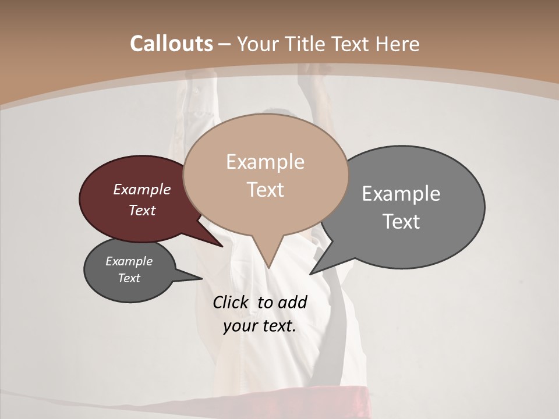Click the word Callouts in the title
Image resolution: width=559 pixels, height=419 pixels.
click(171, 44)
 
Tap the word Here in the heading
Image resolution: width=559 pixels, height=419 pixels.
click(398, 44)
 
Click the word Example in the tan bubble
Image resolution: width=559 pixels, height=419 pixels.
click(265, 162)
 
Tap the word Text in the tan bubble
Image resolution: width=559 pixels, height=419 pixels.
click(266, 190)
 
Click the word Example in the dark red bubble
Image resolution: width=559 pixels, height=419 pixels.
click(142, 189)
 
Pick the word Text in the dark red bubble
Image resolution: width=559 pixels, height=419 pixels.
click(142, 210)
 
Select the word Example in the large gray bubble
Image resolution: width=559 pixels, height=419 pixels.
click(401, 194)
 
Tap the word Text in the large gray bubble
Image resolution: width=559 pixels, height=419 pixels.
click(401, 222)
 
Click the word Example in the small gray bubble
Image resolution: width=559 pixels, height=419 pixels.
click(129, 261)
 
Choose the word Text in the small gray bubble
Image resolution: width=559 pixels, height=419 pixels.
click(129, 278)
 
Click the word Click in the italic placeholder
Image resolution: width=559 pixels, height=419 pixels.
click(232, 302)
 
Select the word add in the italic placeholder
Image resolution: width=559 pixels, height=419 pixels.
click(292, 302)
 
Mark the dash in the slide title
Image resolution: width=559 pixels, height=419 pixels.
click(224, 44)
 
